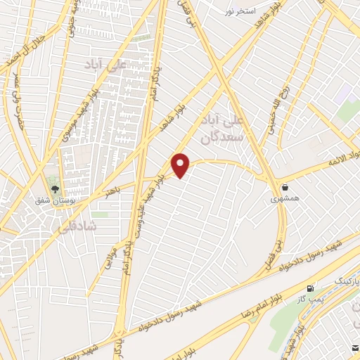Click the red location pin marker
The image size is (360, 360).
pos(181,165)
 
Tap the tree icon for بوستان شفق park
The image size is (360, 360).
pos(55,188)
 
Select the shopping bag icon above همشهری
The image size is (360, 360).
pos(285,188)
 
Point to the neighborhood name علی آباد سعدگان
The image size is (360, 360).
pos(220,127)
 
